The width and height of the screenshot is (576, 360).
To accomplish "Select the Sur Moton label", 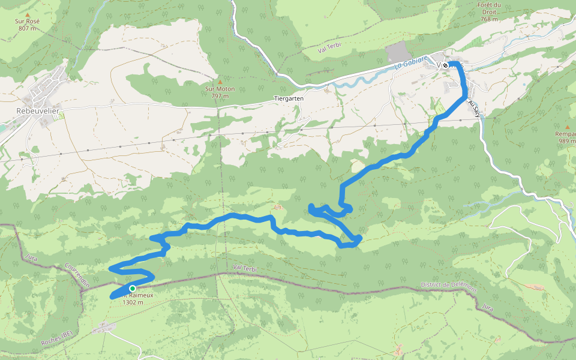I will [x=219, y=89].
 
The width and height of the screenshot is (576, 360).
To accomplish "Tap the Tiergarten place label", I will [x=289, y=98].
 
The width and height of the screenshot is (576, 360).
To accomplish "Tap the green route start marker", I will [x=132, y=289].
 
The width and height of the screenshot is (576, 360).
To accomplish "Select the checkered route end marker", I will [x=445, y=65].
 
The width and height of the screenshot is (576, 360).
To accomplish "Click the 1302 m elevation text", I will [x=133, y=302].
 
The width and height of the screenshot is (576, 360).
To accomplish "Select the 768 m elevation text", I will [x=490, y=19].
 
